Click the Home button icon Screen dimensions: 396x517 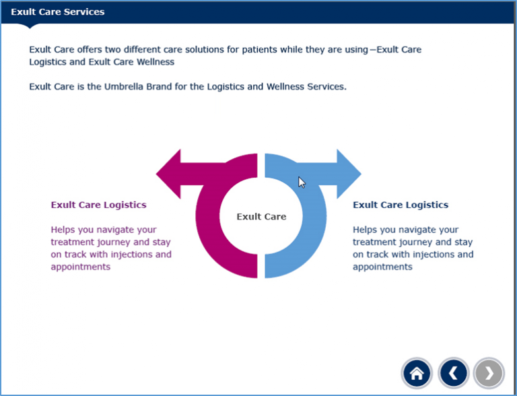click(417, 372)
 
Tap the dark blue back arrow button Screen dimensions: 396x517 click(453, 372)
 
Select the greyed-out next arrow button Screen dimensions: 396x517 click(489, 372)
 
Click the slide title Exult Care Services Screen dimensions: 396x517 click(57, 12)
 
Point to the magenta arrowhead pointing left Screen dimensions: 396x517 click(169, 174)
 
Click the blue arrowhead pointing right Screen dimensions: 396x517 click(348, 174)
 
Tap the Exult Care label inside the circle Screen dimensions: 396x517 click(261, 216)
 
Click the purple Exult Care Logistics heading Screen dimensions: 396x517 click(98, 205)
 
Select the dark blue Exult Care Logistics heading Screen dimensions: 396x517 click(401, 205)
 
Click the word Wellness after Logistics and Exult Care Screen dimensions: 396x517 click(153, 62)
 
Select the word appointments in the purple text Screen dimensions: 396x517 click(80, 267)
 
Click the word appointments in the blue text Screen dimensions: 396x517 click(382, 267)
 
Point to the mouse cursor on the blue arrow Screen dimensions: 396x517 click(302, 182)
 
